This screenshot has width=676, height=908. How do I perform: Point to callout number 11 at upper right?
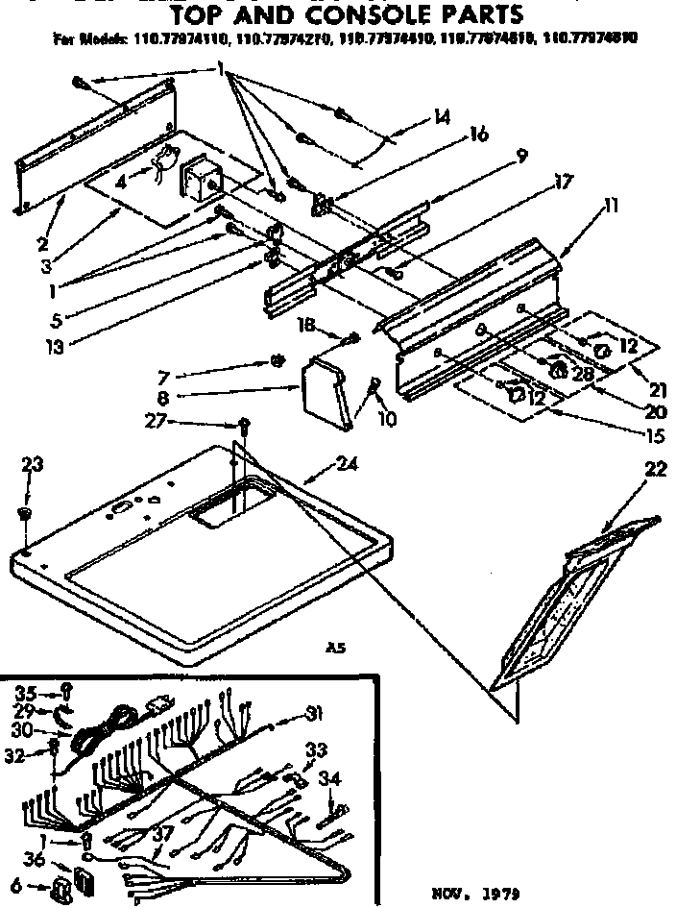pyautogui.click(x=612, y=204)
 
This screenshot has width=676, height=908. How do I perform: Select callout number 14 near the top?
pyautogui.click(x=441, y=117)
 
